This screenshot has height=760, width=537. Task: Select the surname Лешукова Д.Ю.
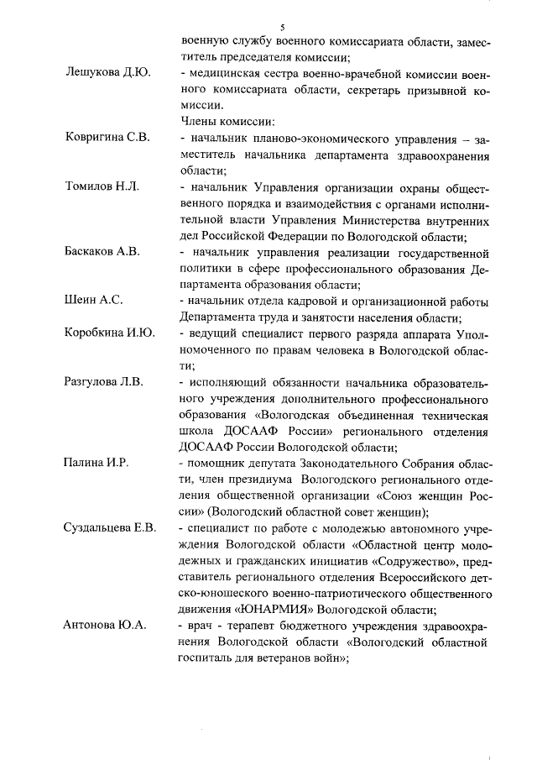[107, 73]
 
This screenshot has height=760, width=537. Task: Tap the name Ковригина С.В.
[107, 138]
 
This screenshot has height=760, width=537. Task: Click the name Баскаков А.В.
[103, 251]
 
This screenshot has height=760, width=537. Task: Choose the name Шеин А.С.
[94, 300]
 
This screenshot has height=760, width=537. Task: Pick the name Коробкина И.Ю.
[110, 333]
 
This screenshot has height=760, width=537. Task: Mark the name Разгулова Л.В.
[105, 381]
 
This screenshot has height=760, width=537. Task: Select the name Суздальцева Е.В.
[111, 527]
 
